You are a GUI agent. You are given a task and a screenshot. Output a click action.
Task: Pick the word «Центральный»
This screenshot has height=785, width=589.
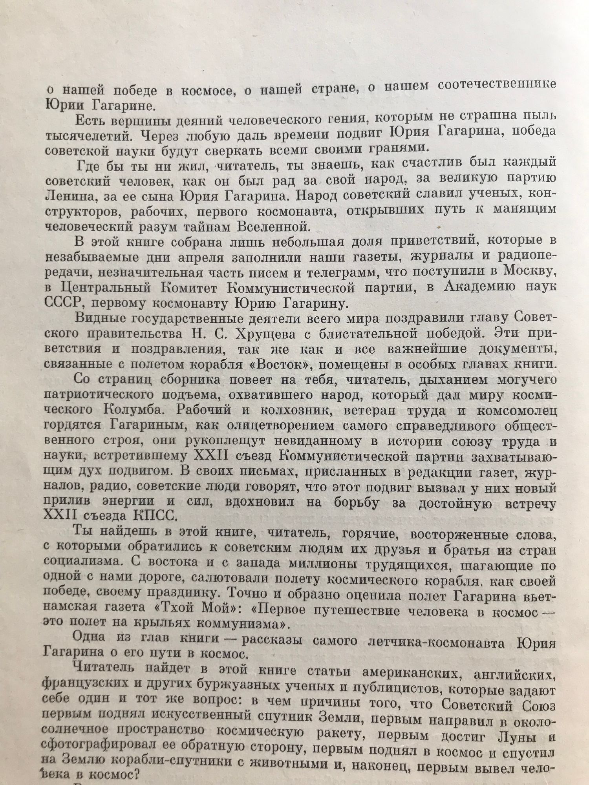click(x=107, y=288)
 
